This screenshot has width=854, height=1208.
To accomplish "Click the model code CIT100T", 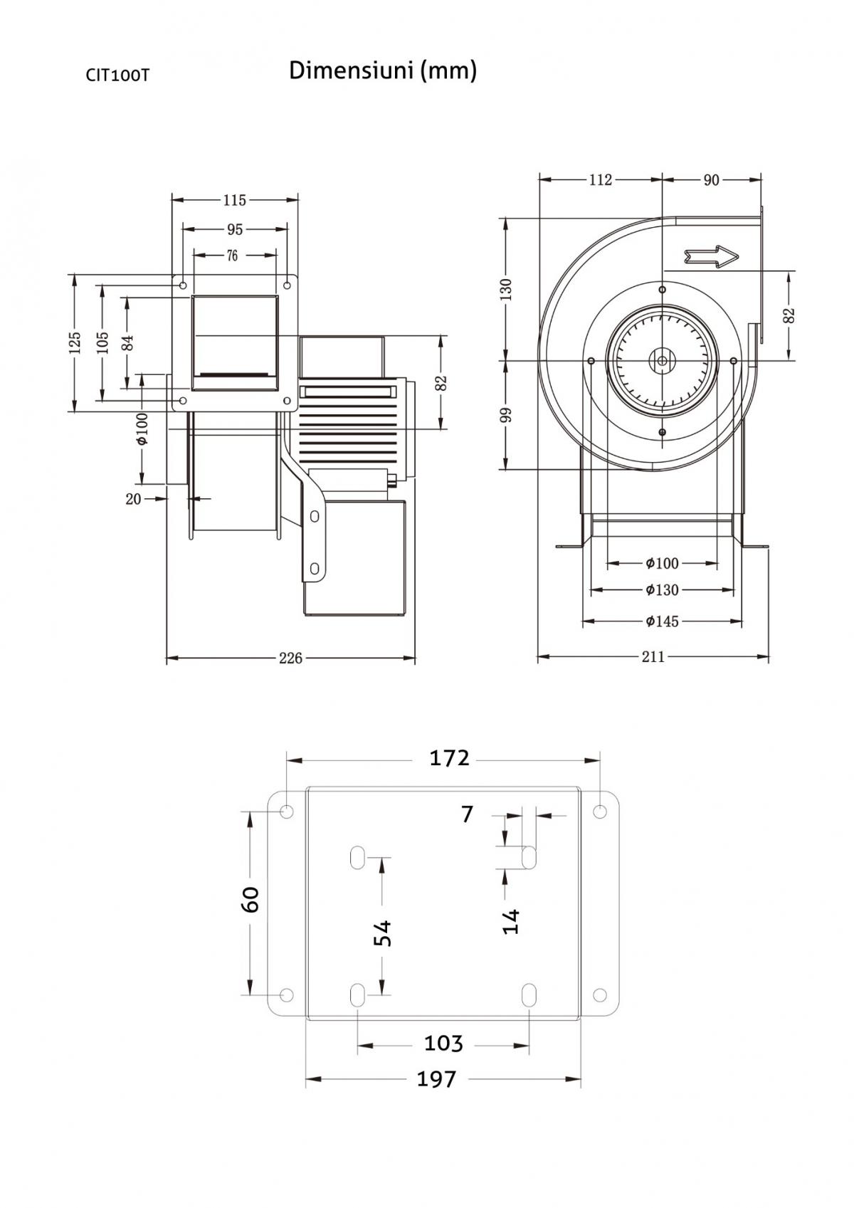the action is click(117, 75).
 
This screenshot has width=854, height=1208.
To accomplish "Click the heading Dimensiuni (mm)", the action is click(383, 70).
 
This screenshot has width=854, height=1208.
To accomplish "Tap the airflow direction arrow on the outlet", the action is click(711, 257).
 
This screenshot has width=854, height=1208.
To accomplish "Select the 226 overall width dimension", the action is click(290, 658).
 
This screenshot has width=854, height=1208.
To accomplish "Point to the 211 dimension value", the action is click(653, 657).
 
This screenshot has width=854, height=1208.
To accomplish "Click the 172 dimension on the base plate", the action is click(449, 758).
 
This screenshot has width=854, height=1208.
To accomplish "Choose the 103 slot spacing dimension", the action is click(443, 1043).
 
